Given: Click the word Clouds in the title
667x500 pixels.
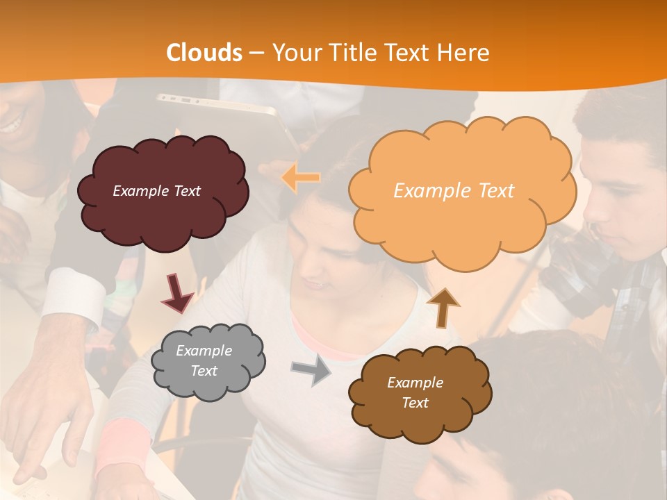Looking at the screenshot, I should click(x=204, y=53).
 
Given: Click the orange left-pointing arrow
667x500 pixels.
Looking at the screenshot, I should click(x=301, y=178).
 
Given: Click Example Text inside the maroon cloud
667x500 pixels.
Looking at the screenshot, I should click(x=156, y=191).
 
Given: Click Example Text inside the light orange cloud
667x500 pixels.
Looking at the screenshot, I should click(x=454, y=191).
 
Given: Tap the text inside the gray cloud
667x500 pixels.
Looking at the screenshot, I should click(x=204, y=361).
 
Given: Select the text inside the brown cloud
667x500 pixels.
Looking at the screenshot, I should click(x=415, y=392).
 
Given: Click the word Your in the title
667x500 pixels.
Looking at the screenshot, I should click(x=291, y=53).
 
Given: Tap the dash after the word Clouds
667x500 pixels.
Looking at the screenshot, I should click(x=256, y=53).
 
